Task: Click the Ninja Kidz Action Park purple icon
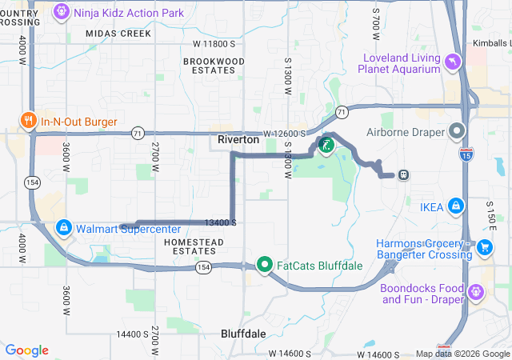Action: coord(62,13)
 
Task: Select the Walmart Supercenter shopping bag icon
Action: coord(63,228)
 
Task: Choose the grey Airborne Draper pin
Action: coord(457,130)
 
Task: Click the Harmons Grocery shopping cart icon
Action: coord(484,248)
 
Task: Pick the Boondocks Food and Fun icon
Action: coord(477,293)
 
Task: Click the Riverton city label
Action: coord(238,140)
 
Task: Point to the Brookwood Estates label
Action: coord(214,66)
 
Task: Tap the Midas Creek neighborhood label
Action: coord(118,34)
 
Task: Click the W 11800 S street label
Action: coord(214,43)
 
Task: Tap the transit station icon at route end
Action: coord(404,174)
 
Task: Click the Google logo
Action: coord(27,350)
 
